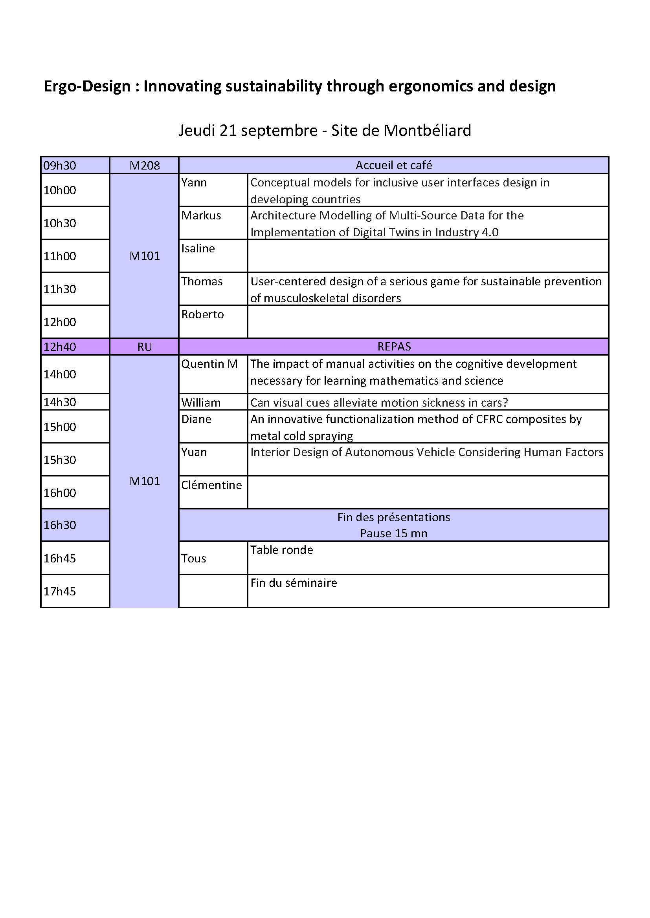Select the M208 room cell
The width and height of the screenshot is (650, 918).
point(145,166)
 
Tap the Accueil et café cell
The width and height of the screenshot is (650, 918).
point(393,165)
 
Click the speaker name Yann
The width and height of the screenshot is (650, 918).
point(194,183)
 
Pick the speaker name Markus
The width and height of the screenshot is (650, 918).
point(201,215)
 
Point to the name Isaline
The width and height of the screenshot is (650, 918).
point(198,249)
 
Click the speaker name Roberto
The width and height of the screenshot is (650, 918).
point(202,315)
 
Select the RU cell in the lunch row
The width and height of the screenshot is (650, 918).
point(145,347)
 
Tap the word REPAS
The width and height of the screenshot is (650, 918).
point(394,347)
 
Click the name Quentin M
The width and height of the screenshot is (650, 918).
point(209,364)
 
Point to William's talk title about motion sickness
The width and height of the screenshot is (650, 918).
point(379,402)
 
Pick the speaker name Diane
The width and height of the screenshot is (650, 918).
point(196,420)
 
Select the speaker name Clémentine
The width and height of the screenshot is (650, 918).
point(211,485)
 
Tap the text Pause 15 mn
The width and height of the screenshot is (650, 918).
point(393,533)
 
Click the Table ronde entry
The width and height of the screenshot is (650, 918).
point(281,550)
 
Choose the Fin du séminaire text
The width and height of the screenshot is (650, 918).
point(294,583)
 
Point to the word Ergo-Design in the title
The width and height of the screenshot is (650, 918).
point(87,86)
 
